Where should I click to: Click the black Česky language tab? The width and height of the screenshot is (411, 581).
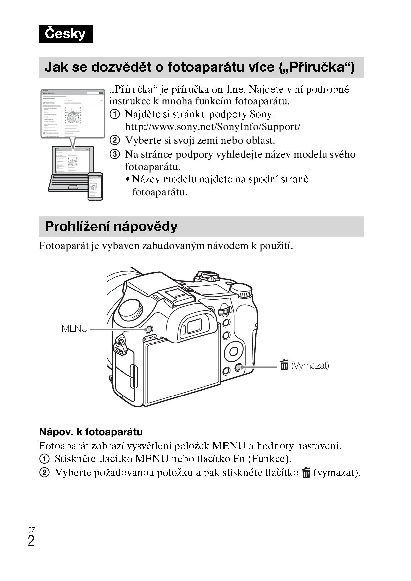pyautogui.click(x=66, y=34)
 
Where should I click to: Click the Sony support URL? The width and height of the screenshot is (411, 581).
pyautogui.click(x=212, y=127)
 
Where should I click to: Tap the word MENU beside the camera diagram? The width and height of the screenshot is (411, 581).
pyautogui.click(x=75, y=329)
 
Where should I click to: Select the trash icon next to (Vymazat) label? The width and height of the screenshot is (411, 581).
pyautogui.click(x=284, y=365)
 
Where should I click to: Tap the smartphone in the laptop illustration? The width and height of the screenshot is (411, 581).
pyautogui.click(x=95, y=186)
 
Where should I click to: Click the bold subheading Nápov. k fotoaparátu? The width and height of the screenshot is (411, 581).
pyautogui.click(x=91, y=432)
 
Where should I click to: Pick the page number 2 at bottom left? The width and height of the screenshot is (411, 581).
pyautogui.click(x=31, y=541)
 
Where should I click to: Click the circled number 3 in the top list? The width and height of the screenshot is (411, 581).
pyautogui.click(x=115, y=154)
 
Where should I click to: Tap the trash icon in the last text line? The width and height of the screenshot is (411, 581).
pyautogui.click(x=306, y=473)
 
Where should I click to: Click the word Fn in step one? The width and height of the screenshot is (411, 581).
pyautogui.click(x=239, y=459)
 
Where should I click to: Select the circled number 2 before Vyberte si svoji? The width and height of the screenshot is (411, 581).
pyautogui.click(x=115, y=140)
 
